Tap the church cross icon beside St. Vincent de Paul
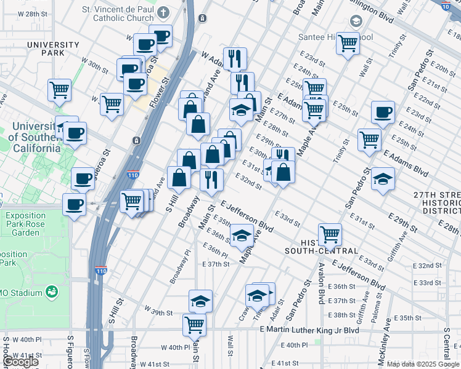(163, 13)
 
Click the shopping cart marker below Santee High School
(348, 43)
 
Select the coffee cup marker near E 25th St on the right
(383, 113)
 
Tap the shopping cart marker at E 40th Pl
(195, 324)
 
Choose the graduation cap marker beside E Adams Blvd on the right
(383, 179)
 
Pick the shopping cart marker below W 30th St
(112, 103)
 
